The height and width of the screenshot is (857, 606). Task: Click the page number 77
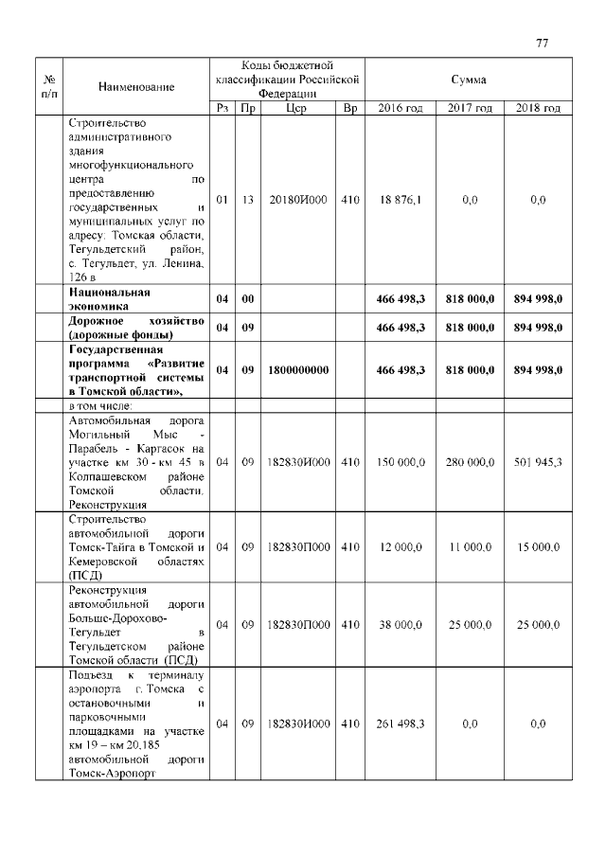(543, 43)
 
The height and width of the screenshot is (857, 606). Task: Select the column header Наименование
(136, 87)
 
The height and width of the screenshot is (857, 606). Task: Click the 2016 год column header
(401, 109)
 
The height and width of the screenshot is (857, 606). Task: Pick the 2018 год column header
(538, 109)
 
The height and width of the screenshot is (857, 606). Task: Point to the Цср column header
(295, 109)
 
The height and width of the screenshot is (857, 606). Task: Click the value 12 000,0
(401, 547)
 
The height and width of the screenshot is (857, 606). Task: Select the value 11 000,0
(471, 547)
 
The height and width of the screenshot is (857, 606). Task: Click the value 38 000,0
(401, 625)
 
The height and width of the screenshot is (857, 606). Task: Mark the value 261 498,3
(401, 723)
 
